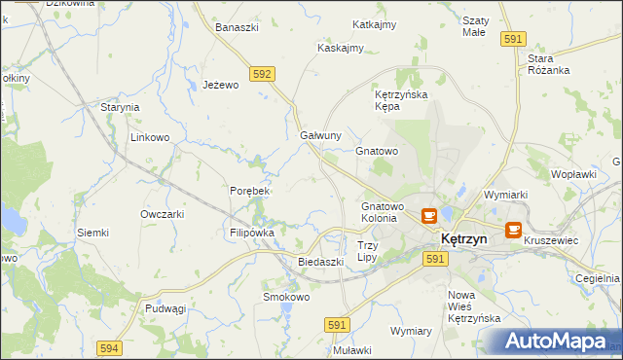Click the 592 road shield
coord(261,73)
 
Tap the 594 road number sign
coord(109,346)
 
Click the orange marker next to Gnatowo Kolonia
coord(428,215)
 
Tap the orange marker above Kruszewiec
coord(513,232)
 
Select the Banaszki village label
coord(237,27)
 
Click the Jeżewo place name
coord(221,86)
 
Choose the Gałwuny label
coord(320,135)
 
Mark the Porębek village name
coord(248,191)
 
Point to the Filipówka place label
coord(252,234)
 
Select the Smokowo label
coord(285,297)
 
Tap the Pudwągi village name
coord(165,308)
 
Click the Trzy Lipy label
coord(367,251)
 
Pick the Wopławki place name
coord(573,174)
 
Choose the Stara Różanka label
coord(549,64)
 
